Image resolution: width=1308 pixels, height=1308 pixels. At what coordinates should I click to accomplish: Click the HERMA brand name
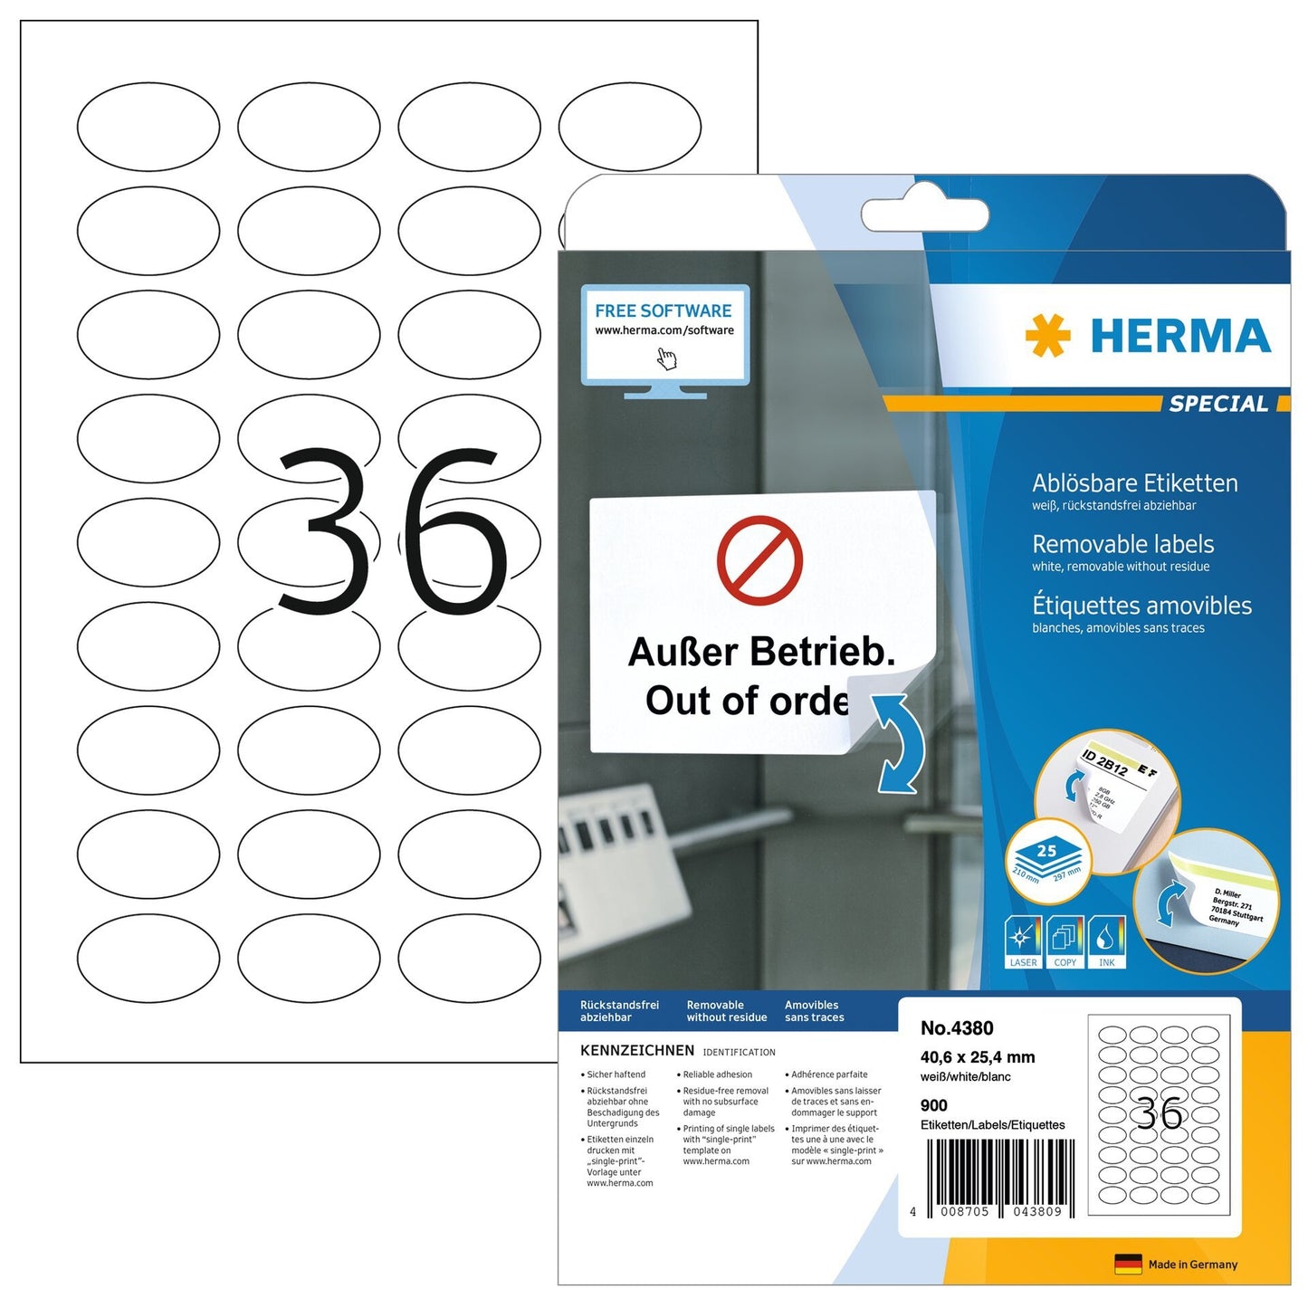pos(1180,336)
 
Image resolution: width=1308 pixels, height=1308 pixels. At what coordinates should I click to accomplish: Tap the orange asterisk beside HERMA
pos(1047,336)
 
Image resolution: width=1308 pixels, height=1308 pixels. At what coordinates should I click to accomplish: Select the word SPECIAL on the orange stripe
pos(1218,404)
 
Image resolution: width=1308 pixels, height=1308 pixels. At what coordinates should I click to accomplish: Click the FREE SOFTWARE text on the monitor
pos(663,310)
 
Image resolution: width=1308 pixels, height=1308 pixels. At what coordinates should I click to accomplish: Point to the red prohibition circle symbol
pos(759,560)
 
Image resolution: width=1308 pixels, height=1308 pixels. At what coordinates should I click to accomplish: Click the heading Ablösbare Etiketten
pos(1134,483)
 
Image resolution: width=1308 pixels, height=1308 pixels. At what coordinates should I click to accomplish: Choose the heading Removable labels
pos(1122,544)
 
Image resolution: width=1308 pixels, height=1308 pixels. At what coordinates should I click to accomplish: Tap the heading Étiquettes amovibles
pos(1141,606)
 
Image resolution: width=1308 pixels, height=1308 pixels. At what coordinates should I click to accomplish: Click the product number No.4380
pos(957,1028)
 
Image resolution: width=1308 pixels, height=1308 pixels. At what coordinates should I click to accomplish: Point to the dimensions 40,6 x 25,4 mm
pos(977,1057)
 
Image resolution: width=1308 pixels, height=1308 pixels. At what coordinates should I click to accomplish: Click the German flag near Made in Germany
pos(1128,1265)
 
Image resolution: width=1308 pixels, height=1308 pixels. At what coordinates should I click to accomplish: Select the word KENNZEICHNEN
pos(637,1051)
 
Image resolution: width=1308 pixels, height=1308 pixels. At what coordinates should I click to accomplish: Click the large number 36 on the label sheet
pos(391,532)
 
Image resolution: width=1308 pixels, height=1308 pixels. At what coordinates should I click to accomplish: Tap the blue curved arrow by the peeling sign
pos(899,741)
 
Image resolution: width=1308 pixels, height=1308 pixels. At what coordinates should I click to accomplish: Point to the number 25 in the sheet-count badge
pos(1046,851)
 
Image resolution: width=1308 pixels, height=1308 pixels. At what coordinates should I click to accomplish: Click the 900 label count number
pos(933,1105)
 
